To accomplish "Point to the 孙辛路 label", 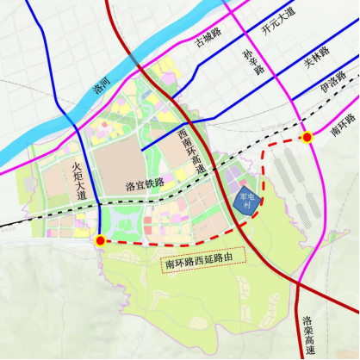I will [x=252, y=63].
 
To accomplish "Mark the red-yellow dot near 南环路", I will [x=307, y=137].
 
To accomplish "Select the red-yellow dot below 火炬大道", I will [x=101, y=241].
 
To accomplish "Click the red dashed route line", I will [x=172, y=244].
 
